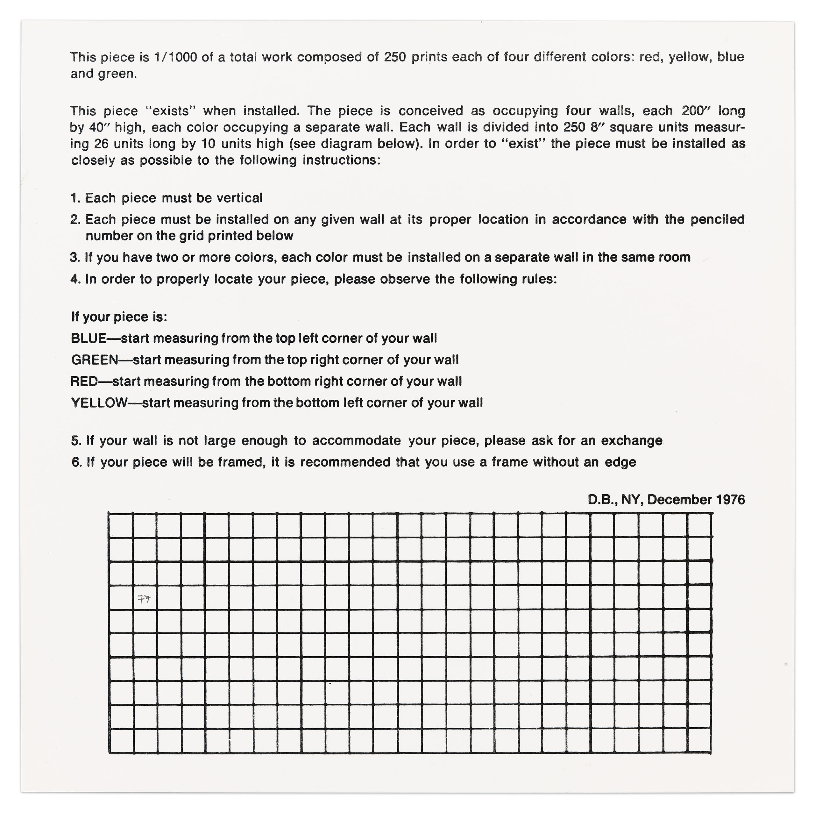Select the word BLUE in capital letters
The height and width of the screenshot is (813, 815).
[x=89, y=339]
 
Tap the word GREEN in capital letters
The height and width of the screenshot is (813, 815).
[x=95, y=360]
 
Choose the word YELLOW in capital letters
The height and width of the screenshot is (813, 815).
[x=99, y=403]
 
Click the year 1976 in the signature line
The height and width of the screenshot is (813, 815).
[x=731, y=500]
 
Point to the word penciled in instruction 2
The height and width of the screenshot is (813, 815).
[x=717, y=219]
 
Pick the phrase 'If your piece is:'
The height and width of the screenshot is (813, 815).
[x=119, y=317]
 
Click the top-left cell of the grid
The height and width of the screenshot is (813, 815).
[x=121, y=525]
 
